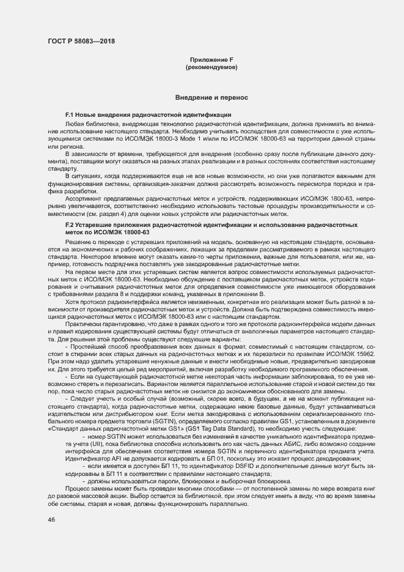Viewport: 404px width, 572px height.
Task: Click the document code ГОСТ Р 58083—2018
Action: tap(81, 42)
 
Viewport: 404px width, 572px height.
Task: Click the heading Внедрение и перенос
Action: tap(211, 97)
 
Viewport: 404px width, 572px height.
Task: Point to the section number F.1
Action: tap(70, 115)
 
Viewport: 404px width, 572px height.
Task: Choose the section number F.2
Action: tap(70, 226)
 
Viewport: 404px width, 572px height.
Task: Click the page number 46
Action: tap(51, 519)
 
